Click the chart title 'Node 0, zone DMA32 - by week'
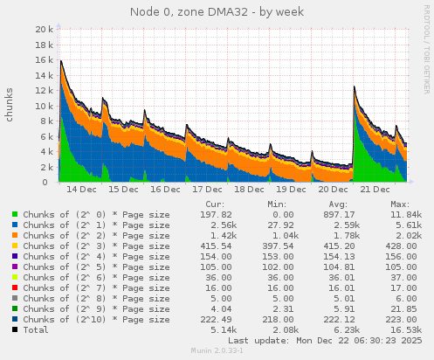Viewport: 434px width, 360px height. tap(217, 11)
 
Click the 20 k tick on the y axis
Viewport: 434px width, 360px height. tap(41, 29)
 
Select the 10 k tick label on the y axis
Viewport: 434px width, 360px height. tap(41, 106)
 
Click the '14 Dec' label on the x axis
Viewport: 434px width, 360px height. tap(81, 189)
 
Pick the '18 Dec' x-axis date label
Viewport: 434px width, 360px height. tap(249, 189)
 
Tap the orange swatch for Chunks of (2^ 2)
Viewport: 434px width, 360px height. tap(16, 236)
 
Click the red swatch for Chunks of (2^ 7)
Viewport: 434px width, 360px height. tap(16, 287)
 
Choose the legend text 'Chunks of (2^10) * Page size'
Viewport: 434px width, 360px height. tap(96, 319)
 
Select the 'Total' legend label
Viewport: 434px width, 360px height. tap(36, 329)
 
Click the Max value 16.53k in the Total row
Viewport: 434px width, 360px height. tap(406, 329)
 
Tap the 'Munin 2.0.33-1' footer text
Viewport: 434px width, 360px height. tap(217, 351)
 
